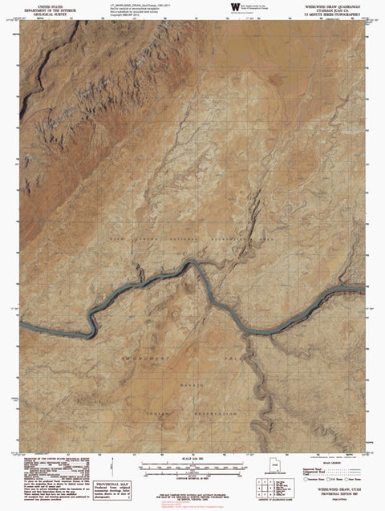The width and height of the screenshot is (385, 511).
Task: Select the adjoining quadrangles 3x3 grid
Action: pyautogui.click(x=265, y=487)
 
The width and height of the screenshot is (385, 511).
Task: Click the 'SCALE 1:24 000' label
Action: pyautogui.click(x=192, y=458)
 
